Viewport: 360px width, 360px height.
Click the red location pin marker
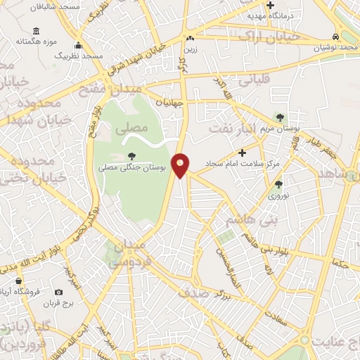[x=181, y=165]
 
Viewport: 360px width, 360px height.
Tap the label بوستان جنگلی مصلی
[x=132, y=169]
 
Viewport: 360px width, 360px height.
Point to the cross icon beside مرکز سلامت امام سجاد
[x=243, y=152]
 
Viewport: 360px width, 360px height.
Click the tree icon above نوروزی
[x=279, y=185]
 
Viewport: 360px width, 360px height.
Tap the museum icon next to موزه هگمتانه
[x=36, y=32]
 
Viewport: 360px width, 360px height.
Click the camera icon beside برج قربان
[x=58, y=292]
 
